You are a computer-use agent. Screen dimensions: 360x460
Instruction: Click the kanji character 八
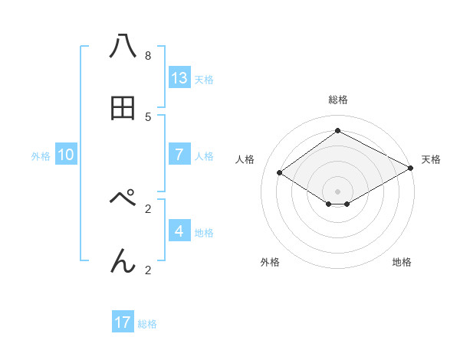click(123, 47)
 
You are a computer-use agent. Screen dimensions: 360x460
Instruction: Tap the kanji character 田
click(123, 109)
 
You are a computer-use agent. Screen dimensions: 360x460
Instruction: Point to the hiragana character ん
click(123, 260)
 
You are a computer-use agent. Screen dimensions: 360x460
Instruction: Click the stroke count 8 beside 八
click(147, 56)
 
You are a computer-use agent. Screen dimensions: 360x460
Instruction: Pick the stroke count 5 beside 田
click(147, 117)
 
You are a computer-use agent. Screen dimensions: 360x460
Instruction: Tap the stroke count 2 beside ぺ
click(147, 208)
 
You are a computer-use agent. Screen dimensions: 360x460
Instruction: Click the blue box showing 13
click(179, 77)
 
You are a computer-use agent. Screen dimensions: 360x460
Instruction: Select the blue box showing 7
click(179, 154)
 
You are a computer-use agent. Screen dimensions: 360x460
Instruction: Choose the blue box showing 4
click(179, 231)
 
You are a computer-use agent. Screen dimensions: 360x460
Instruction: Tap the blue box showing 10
click(66, 155)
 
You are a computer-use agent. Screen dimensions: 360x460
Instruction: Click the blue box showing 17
click(123, 322)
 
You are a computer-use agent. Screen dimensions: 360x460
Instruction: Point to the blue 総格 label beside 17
click(147, 324)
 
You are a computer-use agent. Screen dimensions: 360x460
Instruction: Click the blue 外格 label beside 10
click(41, 156)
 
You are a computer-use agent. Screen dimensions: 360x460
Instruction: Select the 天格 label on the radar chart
click(431, 159)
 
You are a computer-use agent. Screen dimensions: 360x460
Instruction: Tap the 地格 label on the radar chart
click(402, 262)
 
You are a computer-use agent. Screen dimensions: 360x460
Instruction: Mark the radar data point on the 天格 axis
click(410, 169)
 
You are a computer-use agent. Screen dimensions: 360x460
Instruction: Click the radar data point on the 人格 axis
click(280, 173)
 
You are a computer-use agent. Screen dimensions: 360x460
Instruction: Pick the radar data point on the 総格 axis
click(337, 131)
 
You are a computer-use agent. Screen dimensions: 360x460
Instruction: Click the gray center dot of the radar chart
click(337, 191)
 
